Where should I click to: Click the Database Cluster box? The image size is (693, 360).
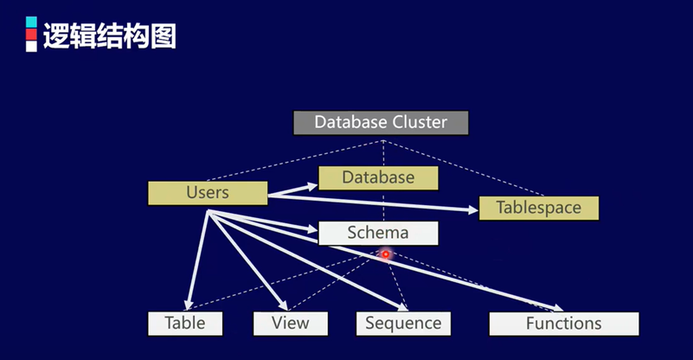(381, 122)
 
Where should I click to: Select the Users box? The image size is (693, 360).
(208, 192)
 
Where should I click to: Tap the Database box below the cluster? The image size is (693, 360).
(378, 177)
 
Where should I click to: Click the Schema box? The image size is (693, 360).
(378, 233)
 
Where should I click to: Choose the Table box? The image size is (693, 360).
(184, 323)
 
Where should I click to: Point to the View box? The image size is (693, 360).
(292, 323)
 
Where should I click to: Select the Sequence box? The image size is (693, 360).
(402, 323)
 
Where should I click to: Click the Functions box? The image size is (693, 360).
(563, 323)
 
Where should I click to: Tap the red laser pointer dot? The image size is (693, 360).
(386, 254)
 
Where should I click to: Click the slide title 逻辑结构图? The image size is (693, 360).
(109, 35)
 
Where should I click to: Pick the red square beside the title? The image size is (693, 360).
(31, 34)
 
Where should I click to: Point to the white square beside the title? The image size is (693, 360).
(31, 46)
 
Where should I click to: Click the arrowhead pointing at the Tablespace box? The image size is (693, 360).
(472, 209)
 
